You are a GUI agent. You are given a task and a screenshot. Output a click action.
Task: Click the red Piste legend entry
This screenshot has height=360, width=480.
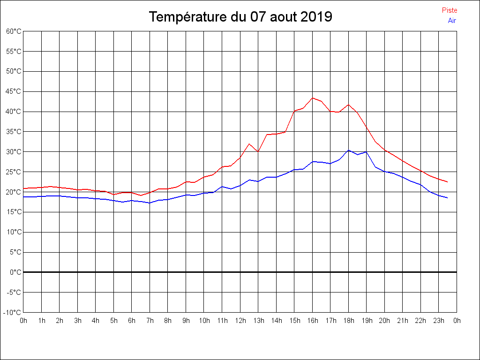(x=449, y=10)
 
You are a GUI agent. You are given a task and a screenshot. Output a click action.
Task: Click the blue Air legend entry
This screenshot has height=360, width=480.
(x=451, y=20)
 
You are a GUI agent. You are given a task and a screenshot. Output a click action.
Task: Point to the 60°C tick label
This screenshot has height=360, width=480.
(x=14, y=31)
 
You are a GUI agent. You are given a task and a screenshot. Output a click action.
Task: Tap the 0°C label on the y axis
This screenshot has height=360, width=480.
(x=15, y=272)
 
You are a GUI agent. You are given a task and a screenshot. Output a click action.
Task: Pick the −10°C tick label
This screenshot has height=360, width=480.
(x=13, y=312)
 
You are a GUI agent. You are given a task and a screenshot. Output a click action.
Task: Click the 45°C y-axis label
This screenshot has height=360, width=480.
(x=14, y=91)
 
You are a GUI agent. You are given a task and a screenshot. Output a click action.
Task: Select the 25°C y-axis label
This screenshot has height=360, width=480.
(x=14, y=172)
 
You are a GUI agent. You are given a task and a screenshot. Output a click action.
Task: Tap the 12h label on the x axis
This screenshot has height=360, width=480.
(x=240, y=321)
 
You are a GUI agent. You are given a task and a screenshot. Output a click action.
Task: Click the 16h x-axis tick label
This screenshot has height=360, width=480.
(x=313, y=321)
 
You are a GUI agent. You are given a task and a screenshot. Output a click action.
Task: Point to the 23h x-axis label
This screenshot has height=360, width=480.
(x=439, y=321)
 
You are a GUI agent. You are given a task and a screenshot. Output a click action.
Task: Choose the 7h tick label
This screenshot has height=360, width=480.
(x=150, y=321)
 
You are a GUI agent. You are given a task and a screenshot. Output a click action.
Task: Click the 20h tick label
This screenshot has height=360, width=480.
(x=385, y=321)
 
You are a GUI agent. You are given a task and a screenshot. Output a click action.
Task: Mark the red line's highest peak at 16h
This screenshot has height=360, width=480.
(x=313, y=98)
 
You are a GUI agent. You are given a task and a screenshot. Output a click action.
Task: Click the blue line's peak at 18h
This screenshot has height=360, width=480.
(x=349, y=150)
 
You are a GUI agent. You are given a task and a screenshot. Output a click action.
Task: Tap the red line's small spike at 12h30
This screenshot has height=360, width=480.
(x=249, y=144)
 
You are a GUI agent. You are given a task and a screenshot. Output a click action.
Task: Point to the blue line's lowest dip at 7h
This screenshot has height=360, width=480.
(x=150, y=203)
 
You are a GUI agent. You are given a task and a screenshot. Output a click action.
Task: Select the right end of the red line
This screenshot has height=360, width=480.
(x=448, y=182)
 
